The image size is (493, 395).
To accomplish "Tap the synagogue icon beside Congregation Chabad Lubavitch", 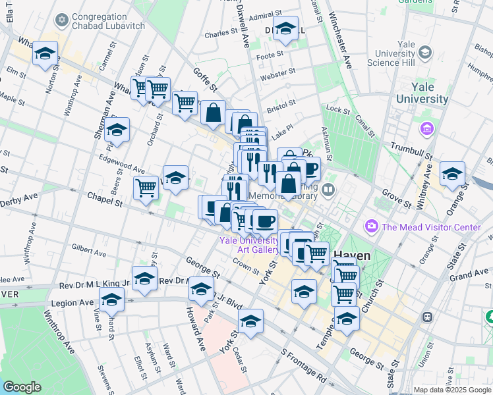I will (x=62, y=21).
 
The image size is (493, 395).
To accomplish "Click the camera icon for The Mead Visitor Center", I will (x=372, y=227).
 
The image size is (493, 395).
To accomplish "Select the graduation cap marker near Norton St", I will (x=45, y=55).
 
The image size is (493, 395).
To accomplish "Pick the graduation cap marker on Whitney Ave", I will (x=452, y=174).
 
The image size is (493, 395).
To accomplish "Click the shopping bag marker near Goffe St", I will (x=214, y=113).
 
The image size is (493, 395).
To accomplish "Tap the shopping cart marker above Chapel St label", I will (x=146, y=187).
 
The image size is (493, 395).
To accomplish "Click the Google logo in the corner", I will (x=22, y=387).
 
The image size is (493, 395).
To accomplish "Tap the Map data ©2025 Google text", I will (x=451, y=390).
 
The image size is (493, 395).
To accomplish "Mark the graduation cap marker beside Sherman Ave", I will (x=117, y=130).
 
